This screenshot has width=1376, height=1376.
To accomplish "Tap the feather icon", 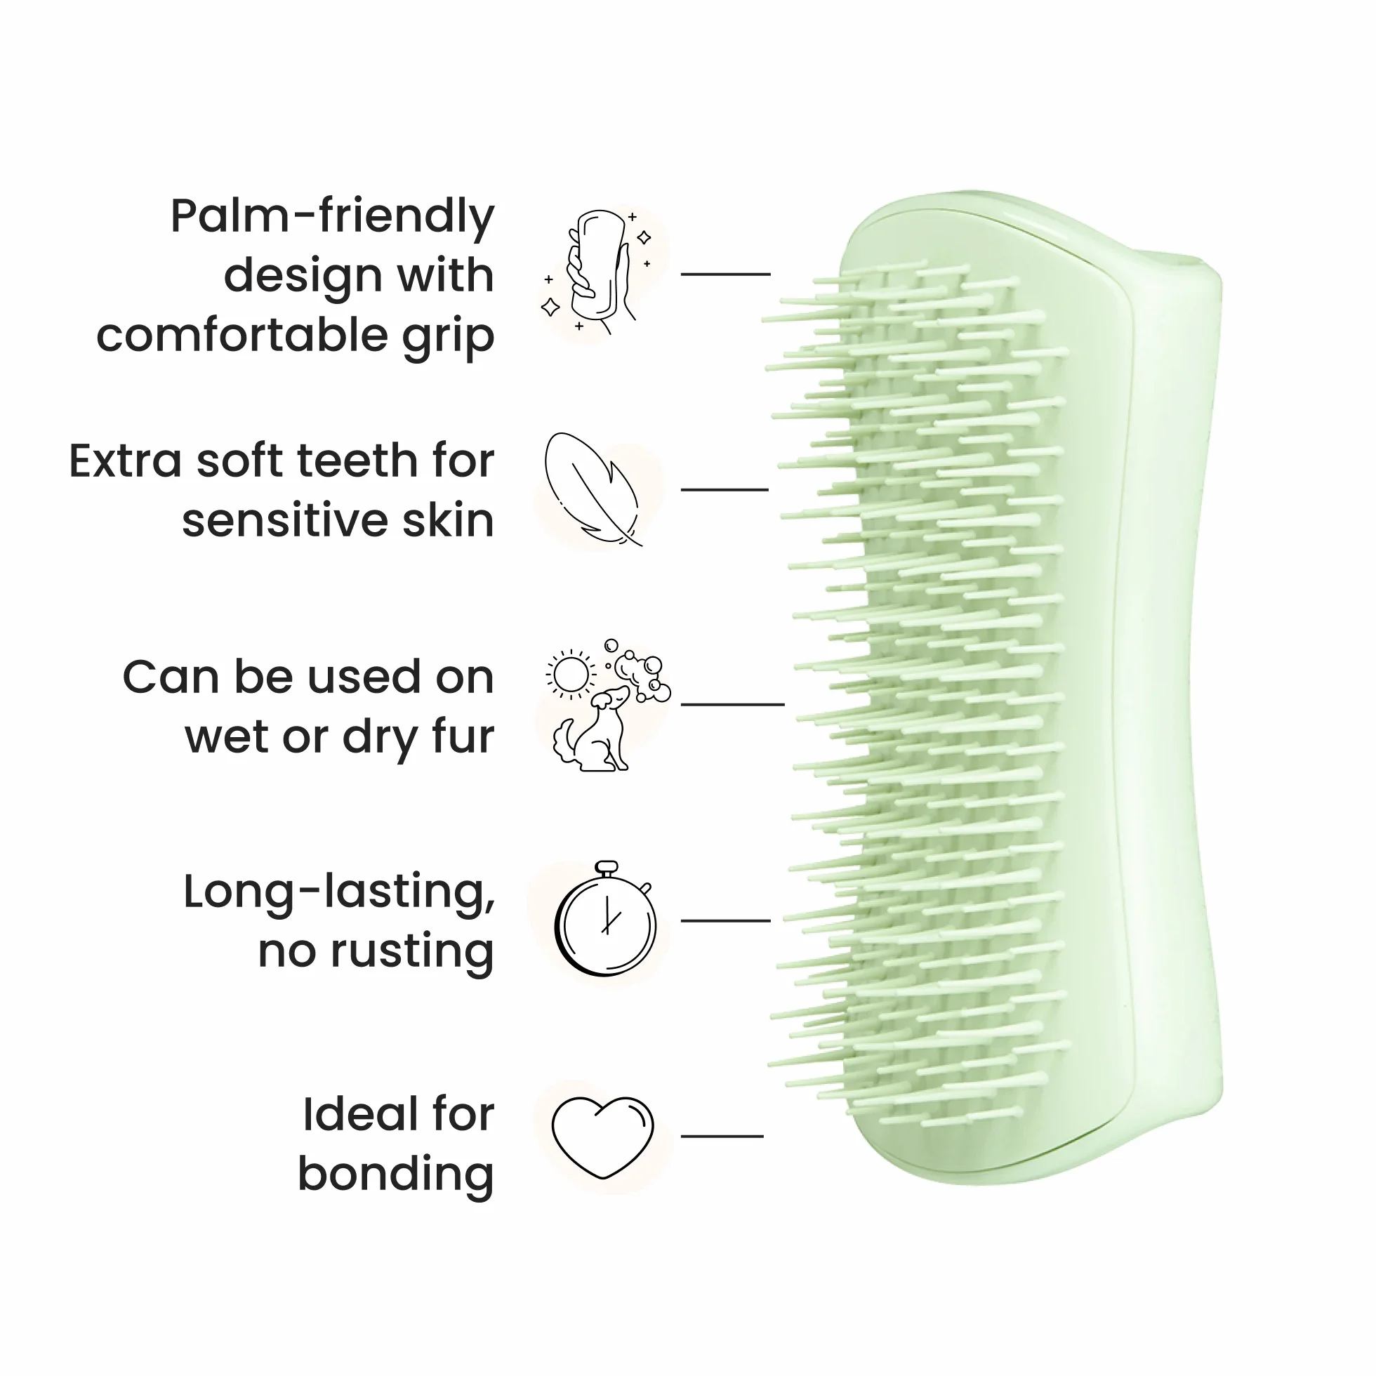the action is click(x=593, y=489).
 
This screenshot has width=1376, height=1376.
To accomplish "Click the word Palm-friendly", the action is click(x=332, y=216).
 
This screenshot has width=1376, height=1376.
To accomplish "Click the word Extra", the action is click(x=126, y=461).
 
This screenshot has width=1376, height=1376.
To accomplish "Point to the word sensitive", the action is click(x=285, y=521).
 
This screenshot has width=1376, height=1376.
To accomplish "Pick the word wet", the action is click(x=227, y=737).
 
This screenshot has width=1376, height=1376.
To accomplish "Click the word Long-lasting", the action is click(x=339, y=893).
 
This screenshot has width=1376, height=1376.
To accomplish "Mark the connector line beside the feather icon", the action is click(x=725, y=490).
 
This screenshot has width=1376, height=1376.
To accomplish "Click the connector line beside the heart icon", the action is click(x=722, y=1136).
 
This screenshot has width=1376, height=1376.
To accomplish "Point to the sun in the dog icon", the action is click(x=571, y=673).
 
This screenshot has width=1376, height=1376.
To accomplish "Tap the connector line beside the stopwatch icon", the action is click(x=726, y=920).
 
